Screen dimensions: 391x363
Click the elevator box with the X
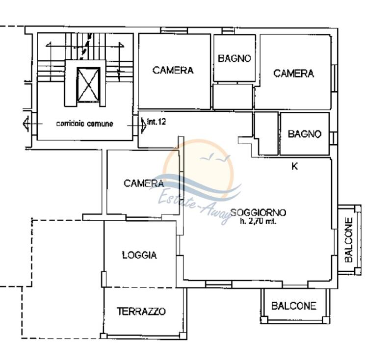click(x=88, y=85)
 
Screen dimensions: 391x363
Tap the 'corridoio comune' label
click(x=84, y=124)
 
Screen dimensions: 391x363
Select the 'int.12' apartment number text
click(x=156, y=122)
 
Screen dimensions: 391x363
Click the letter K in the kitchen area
click(x=294, y=166)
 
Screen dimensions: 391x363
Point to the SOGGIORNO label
click(x=258, y=212)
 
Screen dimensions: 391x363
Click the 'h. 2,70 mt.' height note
click(x=258, y=221)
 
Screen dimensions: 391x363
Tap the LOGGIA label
click(x=139, y=255)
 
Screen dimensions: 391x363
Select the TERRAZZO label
click(x=141, y=311)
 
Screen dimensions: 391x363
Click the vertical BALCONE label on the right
click(x=349, y=240)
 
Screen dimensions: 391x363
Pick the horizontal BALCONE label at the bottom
click(x=294, y=306)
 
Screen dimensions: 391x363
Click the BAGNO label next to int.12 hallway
click(x=305, y=134)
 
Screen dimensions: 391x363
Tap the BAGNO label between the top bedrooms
click(x=234, y=58)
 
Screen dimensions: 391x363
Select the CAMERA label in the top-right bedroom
click(x=293, y=73)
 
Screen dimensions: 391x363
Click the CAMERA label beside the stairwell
click(x=173, y=70)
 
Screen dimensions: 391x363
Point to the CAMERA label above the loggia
click(x=144, y=183)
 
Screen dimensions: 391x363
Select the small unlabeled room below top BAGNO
click(x=233, y=97)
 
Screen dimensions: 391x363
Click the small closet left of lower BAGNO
click(x=266, y=133)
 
